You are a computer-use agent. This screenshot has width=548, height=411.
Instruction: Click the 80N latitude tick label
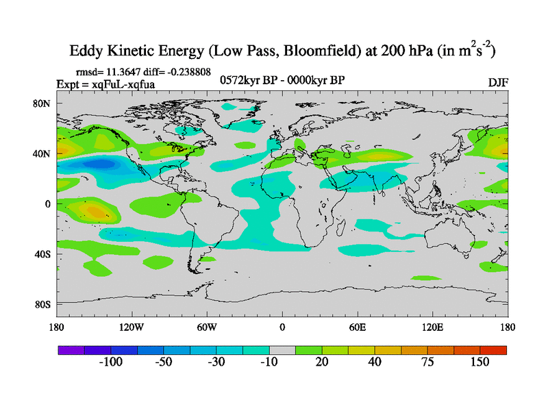pyautogui.click(x=44, y=104)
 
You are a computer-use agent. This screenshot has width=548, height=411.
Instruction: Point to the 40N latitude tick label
pyautogui.click(x=44, y=154)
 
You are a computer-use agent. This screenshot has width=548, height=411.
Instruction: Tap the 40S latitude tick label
pyautogui.click(x=44, y=254)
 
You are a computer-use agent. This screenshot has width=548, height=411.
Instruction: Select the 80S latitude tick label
pyautogui.click(x=44, y=304)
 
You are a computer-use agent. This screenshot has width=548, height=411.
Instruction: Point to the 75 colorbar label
pyautogui.click(x=427, y=362)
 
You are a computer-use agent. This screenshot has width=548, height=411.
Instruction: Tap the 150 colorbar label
pyautogui.click(x=480, y=362)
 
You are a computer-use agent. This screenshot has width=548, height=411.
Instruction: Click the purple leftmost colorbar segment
pyautogui.click(x=71, y=350)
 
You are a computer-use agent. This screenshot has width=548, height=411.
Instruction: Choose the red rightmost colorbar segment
pyautogui.click(x=493, y=350)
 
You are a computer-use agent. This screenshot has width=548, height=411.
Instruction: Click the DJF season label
pyautogui.click(x=498, y=83)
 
